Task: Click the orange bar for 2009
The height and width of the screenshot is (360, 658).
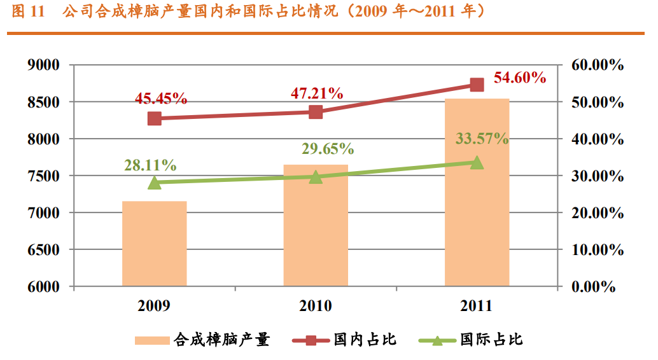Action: click(x=155, y=244)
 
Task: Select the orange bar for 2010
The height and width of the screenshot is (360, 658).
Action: click(x=316, y=225)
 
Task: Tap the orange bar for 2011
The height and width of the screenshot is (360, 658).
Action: click(x=477, y=193)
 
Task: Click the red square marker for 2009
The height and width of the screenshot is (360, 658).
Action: click(x=155, y=118)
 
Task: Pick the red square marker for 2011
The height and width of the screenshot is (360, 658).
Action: click(x=477, y=85)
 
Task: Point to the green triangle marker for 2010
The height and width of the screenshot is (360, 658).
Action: click(x=316, y=177)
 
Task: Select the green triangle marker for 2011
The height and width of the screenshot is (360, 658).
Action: click(x=477, y=163)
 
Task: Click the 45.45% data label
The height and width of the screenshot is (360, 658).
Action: click(x=161, y=99)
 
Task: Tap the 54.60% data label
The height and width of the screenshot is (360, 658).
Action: click(x=520, y=78)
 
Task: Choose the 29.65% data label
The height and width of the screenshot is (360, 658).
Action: click(x=328, y=149)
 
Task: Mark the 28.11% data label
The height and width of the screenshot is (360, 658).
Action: click(x=150, y=165)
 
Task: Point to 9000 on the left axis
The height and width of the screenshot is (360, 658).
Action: click(x=44, y=65)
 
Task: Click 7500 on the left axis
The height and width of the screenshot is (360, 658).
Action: click(x=44, y=176)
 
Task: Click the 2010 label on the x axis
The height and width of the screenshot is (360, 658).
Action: click(x=316, y=307)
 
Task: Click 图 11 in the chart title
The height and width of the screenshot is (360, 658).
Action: click(x=26, y=12)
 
